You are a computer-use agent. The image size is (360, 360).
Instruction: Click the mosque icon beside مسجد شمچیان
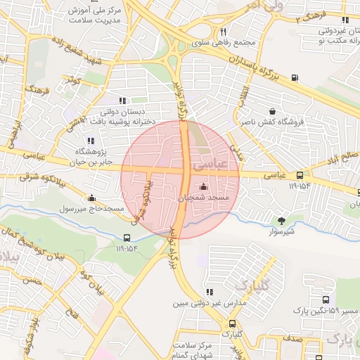(204, 187)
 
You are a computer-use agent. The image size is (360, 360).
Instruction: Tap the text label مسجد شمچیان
(204, 199)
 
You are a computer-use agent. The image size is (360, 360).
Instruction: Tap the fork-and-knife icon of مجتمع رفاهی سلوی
(223, 32)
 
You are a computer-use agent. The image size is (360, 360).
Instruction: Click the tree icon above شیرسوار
(283, 221)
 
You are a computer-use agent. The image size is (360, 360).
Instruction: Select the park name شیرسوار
(283, 231)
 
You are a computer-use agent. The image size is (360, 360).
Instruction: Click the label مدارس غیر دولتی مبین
(211, 304)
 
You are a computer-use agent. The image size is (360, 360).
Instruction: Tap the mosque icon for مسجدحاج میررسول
(91, 198)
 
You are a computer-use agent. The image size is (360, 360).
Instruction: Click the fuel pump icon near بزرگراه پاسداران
(294, 77)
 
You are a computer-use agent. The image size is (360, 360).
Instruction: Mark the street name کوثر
(72, 83)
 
